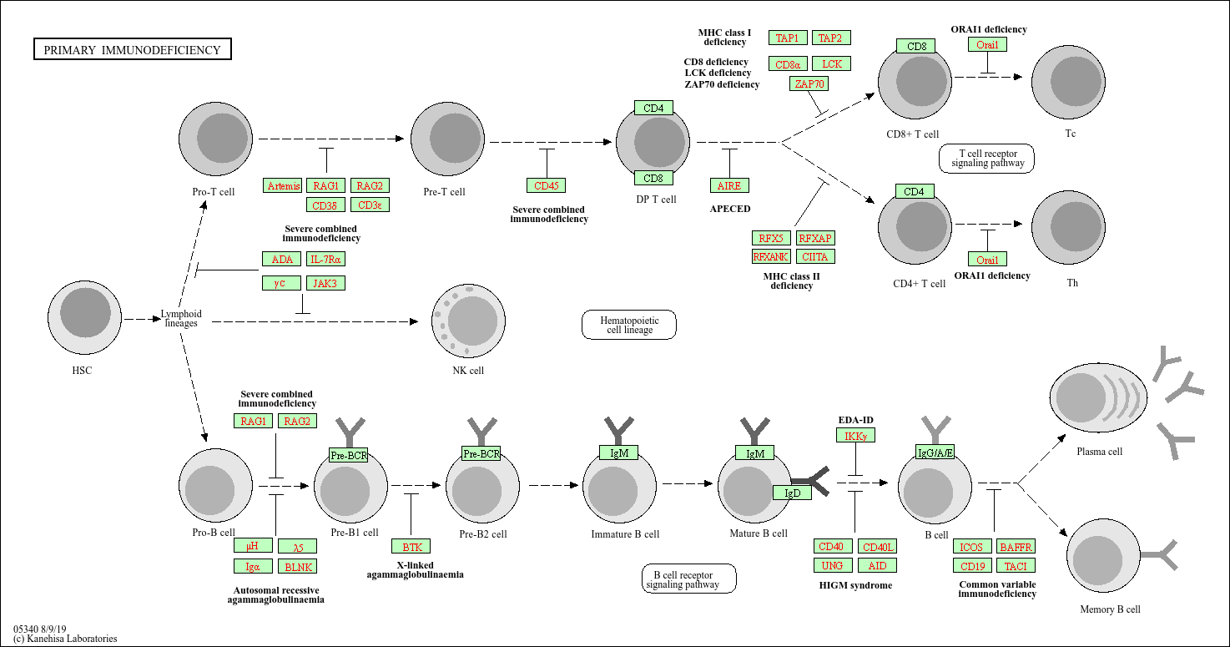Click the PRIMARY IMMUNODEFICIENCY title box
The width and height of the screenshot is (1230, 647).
[x=132, y=50]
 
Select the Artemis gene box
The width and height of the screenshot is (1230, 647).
[x=283, y=185]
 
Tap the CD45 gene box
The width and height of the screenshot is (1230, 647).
[x=546, y=185]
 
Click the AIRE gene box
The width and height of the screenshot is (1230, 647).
[x=729, y=185]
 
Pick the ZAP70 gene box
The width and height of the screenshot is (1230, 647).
[x=809, y=83]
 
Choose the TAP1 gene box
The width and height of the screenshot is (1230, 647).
[x=787, y=38]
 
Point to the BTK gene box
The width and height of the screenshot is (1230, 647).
[x=411, y=547]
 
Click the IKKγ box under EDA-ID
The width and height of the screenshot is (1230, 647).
[x=855, y=436]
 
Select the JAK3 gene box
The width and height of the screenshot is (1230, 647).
[x=325, y=283]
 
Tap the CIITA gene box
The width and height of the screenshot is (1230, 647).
[x=815, y=256]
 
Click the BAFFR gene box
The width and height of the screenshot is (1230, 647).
[x=1016, y=547]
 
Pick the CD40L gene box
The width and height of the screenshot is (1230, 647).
[x=878, y=547]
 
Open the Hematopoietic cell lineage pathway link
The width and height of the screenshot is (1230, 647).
[x=629, y=325]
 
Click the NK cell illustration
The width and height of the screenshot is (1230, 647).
[x=468, y=321]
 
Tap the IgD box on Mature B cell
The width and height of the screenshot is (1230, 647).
[x=792, y=493]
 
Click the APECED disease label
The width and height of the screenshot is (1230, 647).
[x=729, y=209]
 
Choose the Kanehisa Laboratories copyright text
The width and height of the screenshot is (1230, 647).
[x=65, y=639]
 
